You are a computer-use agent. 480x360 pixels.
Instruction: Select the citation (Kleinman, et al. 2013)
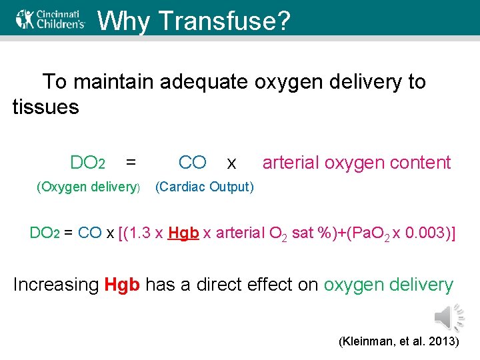tap(399, 341)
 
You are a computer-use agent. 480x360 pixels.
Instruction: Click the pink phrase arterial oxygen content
tap(357, 163)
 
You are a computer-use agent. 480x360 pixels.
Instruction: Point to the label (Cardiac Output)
tap(204, 187)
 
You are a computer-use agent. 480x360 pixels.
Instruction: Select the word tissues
tap(45, 106)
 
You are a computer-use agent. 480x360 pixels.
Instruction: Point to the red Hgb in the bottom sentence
tap(122, 285)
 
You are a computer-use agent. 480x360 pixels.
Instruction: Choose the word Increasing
tap(56, 285)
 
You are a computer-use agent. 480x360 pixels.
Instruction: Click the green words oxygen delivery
tap(388, 285)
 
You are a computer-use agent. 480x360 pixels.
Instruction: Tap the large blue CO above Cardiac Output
tap(193, 163)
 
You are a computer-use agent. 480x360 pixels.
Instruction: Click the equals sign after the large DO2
tap(131, 163)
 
